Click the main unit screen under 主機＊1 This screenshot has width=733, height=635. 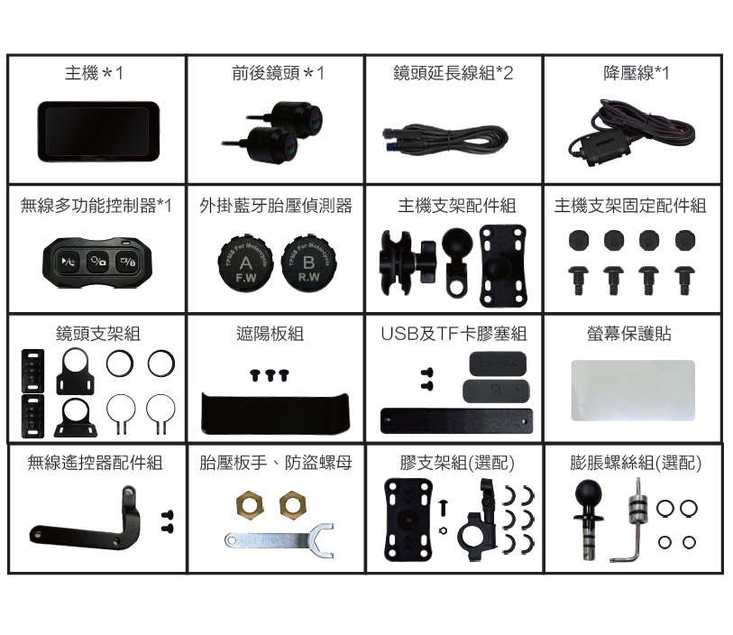coord(97,127)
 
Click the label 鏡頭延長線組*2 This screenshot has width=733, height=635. coord(453,73)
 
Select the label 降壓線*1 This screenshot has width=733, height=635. coord(636,73)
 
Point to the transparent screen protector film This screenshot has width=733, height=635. coord(633,390)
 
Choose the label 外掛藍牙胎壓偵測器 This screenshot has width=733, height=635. coord(275,207)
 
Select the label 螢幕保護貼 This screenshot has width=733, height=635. coord(633,334)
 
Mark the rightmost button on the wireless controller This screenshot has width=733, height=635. coord(126,262)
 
